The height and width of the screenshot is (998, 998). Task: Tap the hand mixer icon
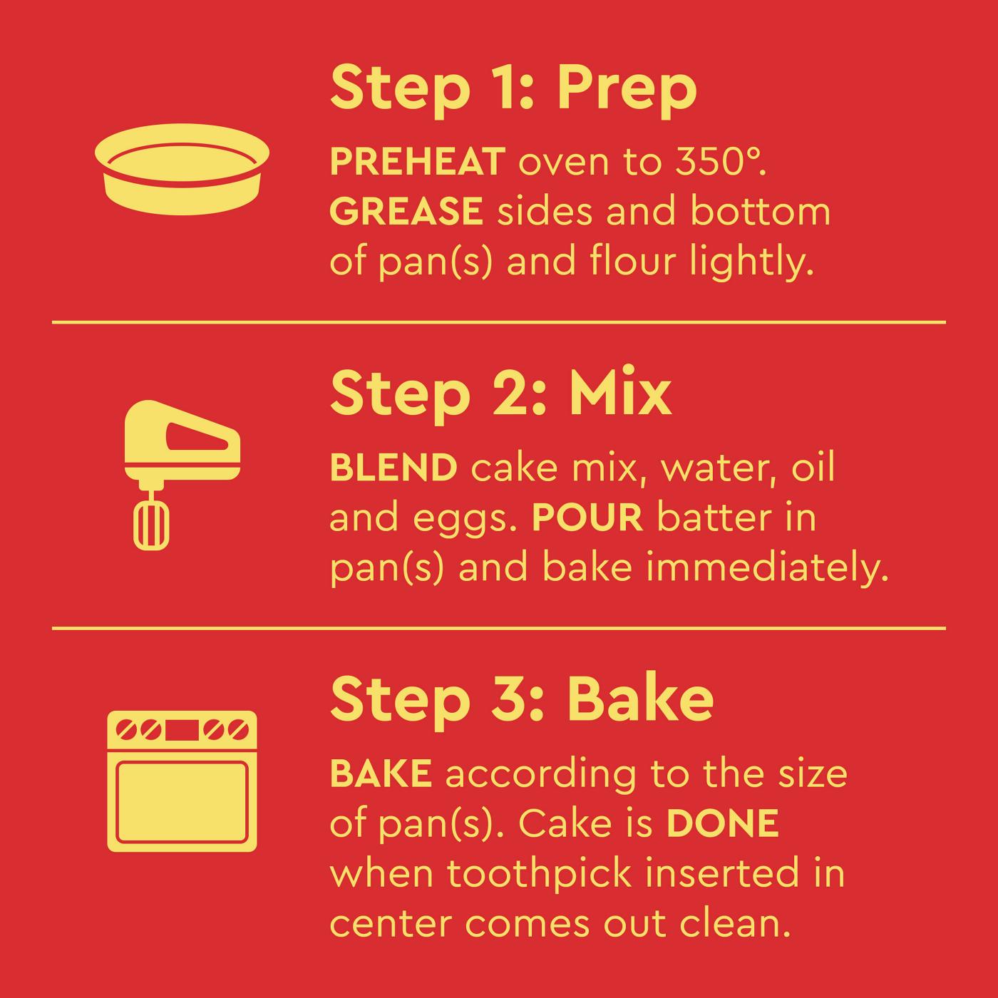pyautogui.click(x=181, y=474)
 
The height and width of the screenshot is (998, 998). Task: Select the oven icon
pyautogui.click(x=182, y=781)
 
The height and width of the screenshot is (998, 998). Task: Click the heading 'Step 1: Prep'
pyautogui.click(x=513, y=89)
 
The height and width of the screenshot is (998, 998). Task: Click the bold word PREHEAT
pyautogui.click(x=418, y=163)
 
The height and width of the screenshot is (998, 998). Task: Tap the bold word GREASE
pyautogui.click(x=406, y=212)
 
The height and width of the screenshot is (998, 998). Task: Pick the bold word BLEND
pyautogui.click(x=393, y=468)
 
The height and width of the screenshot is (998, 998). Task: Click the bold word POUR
pyautogui.click(x=587, y=518)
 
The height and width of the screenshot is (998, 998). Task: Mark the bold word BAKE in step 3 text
pyautogui.click(x=381, y=774)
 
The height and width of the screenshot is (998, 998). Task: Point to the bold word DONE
pyautogui.click(x=722, y=824)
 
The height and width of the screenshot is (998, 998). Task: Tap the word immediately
pyautogui.click(x=766, y=569)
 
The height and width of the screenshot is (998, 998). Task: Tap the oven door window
pyautogui.click(x=182, y=802)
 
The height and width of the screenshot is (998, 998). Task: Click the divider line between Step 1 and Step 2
pyautogui.click(x=499, y=322)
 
